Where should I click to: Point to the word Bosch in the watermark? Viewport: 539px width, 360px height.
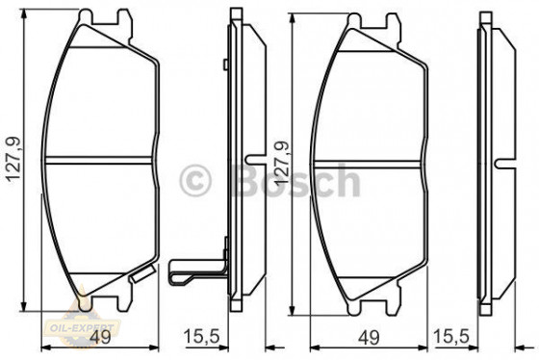[294, 181]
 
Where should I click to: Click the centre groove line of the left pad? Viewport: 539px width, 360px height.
[101, 158]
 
